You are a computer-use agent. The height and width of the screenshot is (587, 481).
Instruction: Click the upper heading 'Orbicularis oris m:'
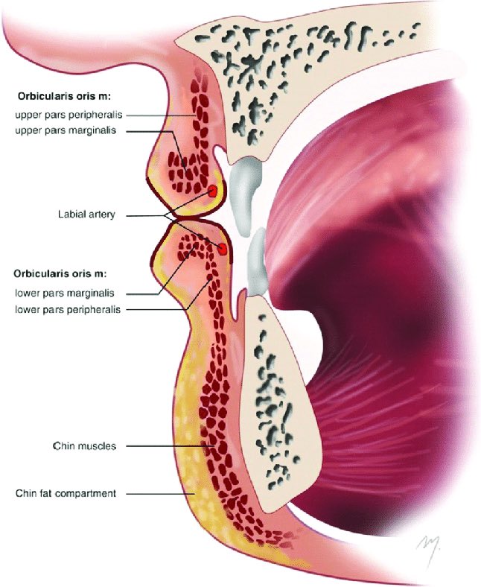pos(62,97)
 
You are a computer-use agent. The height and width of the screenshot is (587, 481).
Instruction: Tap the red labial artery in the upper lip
pos(213,191)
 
